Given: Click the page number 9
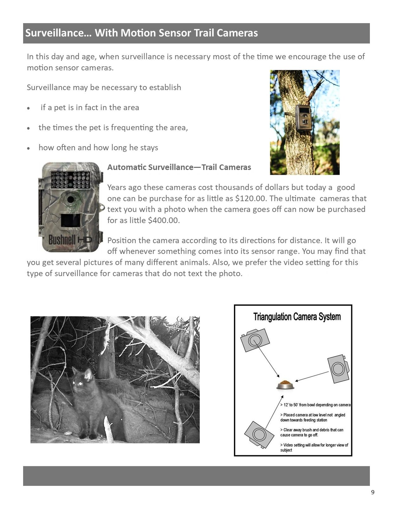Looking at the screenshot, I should click(x=373, y=492).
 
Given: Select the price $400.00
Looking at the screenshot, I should click(x=164, y=220).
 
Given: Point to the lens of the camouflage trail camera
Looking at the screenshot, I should click(x=70, y=199).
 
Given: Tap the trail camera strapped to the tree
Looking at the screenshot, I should click(x=303, y=118).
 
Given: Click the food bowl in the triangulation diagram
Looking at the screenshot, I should click(x=285, y=385).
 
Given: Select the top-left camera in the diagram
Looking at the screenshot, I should click(x=255, y=340).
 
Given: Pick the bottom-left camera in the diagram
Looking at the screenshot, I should click(x=259, y=434).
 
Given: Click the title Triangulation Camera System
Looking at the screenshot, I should click(x=297, y=317).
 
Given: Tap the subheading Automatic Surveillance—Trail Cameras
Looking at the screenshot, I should click(x=179, y=167).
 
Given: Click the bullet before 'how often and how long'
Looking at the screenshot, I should click(x=29, y=148).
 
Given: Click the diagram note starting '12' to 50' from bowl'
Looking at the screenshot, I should click(x=315, y=405).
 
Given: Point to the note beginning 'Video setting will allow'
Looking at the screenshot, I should click(x=314, y=447).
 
